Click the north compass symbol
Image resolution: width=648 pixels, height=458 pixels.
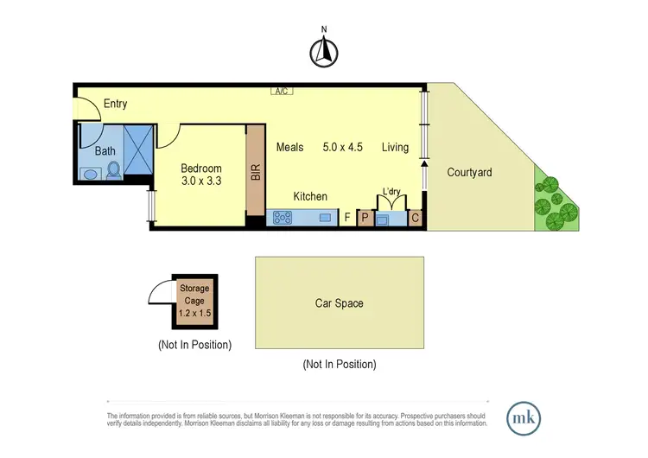[x=323, y=54]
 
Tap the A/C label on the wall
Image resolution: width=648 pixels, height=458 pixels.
[x=281, y=90]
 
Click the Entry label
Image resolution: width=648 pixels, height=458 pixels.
[x=115, y=105]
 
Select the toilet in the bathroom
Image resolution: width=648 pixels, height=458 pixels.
[x=114, y=170]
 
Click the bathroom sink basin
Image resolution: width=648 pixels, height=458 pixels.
[x=91, y=173]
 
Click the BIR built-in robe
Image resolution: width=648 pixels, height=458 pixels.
[x=255, y=173]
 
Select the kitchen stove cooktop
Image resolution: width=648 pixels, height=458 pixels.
[x=283, y=219]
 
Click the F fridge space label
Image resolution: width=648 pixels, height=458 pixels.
[x=347, y=218]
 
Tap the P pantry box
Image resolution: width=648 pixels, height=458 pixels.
[x=365, y=218]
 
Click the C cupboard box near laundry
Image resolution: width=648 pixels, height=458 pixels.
[x=415, y=218]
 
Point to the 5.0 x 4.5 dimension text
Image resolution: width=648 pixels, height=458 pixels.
[x=343, y=148]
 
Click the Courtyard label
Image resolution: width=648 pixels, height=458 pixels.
[x=469, y=173]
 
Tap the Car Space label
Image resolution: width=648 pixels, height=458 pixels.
[x=339, y=303]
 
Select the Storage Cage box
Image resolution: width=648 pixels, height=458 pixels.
[x=195, y=299]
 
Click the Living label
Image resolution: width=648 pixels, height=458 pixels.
[x=395, y=148]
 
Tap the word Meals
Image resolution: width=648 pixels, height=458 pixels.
[x=289, y=148]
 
